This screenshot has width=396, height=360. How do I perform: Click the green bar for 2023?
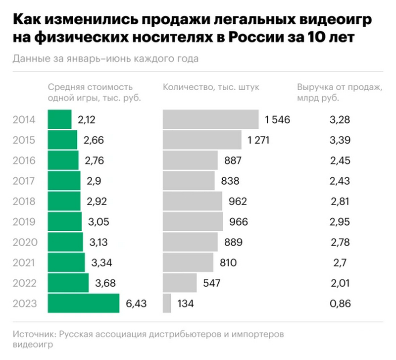click(x=84, y=303)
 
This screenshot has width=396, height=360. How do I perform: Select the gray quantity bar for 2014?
click(x=210, y=119)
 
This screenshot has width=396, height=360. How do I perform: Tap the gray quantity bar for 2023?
click(x=167, y=303)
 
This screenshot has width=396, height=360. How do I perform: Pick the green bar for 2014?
click(x=60, y=119)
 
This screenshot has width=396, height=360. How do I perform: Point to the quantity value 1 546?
click(x=277, y=119)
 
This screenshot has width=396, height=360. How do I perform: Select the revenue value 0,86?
click(x=340, y=303)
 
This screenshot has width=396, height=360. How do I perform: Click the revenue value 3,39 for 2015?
click(x=340, y=140)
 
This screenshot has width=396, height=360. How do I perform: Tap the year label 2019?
click(x=24, y=221)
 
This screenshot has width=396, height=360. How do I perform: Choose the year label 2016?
click(x=24, y=160)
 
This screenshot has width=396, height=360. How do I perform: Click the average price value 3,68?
click(x=106, y=283)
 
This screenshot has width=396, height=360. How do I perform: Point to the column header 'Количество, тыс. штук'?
click(x=211, y=87)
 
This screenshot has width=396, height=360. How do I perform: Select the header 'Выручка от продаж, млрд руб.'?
click(x=340, y=92)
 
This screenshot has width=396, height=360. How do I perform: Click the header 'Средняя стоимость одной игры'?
click(x=95, y=92)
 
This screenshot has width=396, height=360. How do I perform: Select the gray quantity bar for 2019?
click(x=193, y=221)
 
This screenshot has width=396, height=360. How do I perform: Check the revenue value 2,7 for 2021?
click(x=340, y=262)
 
